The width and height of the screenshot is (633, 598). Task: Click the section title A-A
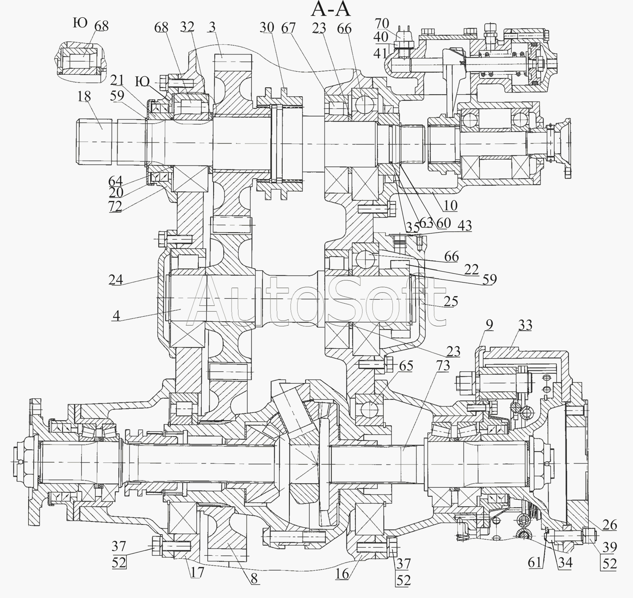pos(330,9)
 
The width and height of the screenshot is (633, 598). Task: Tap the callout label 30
pos(267,27)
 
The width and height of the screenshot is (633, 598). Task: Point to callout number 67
pos(289,28)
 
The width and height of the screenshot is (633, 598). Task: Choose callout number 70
pos(382,24)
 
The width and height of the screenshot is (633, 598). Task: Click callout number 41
pos(380,53)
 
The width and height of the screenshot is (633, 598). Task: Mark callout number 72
pos(115,207)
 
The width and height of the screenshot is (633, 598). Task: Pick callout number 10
pos(450,206)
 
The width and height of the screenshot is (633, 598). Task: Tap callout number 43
pos(464,226)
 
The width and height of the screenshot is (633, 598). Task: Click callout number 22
pos(471,269)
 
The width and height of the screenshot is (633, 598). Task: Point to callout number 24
pos(115,280)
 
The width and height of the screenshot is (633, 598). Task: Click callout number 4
pos(116,315)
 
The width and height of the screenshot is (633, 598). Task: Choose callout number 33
pos(525,325)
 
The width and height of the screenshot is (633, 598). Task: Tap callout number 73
pos(443,366)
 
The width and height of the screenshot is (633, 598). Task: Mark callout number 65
pos(406,366)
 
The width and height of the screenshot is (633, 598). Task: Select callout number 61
pos(535,562)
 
